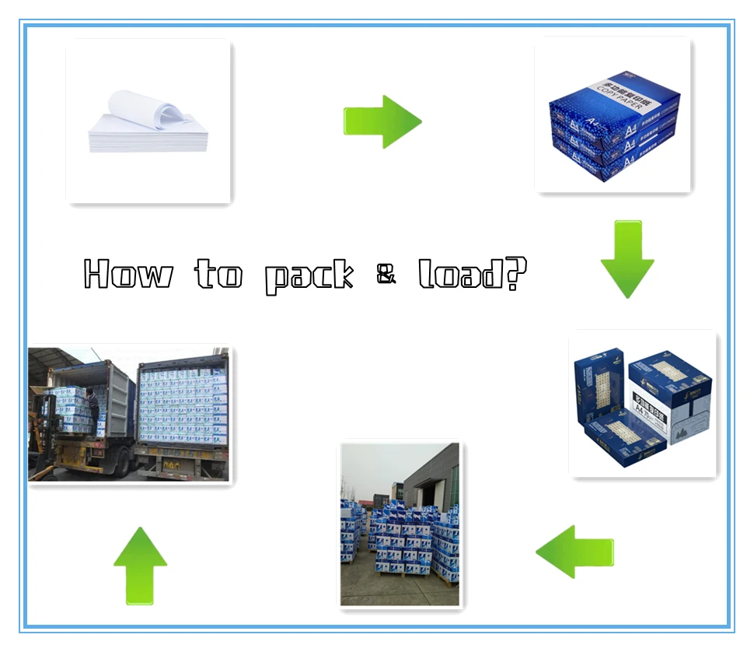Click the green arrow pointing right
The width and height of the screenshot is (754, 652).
[382, 121]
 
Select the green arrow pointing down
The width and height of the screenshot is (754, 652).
[627, 259]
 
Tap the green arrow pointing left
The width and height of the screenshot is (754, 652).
[574, 552]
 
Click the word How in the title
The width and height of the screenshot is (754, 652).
[127, 274]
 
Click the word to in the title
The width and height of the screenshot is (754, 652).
[218, 274]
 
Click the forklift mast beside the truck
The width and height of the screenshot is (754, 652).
[39, 420]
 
